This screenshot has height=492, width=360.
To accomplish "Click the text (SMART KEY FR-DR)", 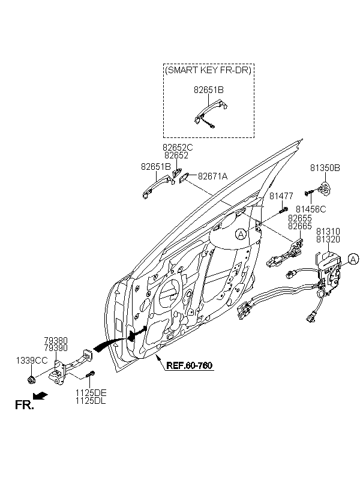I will point(208,70).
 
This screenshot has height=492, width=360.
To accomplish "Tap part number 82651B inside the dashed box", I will point(208,90).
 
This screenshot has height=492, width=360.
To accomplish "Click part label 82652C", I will point(178,147).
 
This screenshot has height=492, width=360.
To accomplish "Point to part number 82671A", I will point(213,176).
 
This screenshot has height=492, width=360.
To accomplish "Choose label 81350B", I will point(325,168).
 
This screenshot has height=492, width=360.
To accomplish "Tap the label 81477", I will point(281,196).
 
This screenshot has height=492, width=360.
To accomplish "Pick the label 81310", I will point(328,231).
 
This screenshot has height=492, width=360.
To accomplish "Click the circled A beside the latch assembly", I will point(353,259).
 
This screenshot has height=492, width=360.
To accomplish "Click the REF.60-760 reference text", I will point(190,365).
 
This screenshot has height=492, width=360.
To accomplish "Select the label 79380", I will point(55,340).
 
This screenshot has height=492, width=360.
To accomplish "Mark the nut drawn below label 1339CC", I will point(31,380).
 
